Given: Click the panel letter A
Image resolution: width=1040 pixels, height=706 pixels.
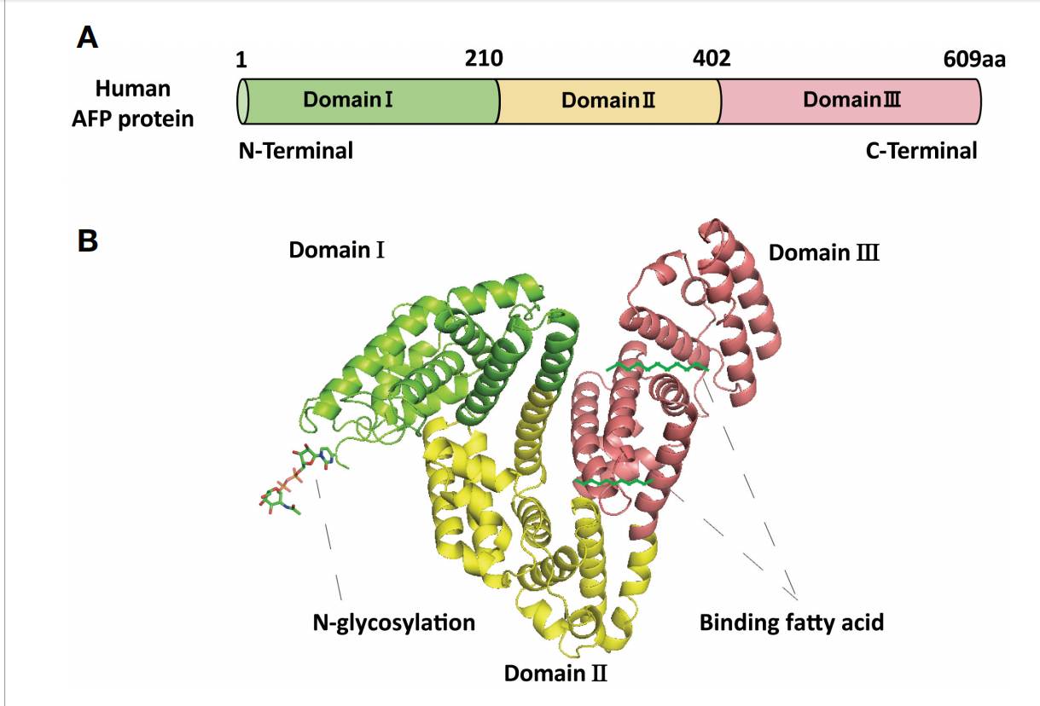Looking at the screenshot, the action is coord(87,38).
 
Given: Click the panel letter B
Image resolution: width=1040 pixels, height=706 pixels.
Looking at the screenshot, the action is coord(88,240).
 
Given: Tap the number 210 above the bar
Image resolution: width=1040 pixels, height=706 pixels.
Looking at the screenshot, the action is coord(484,59).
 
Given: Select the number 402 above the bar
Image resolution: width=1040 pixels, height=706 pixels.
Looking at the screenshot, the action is coord(712,59).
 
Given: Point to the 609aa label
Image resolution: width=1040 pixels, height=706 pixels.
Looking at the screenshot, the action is coord(974,60).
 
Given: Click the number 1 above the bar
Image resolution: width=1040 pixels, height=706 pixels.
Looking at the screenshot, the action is coord(241,60).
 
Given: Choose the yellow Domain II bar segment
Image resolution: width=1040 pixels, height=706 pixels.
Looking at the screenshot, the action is coord(608,101).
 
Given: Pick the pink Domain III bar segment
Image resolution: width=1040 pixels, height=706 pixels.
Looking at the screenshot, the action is coord(850,101).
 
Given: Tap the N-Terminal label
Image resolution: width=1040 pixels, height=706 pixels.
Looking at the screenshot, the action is coord(296,151).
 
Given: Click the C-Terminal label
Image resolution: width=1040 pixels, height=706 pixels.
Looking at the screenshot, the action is coord(921,151).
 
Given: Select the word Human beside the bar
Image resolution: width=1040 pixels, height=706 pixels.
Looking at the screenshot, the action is coord(133,88).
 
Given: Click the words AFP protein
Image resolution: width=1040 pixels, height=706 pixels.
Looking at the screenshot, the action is coord(133,119).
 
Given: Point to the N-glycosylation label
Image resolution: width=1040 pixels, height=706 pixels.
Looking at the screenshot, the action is coord(393,623).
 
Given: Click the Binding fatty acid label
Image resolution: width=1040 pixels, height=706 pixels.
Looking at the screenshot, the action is coord(792,622).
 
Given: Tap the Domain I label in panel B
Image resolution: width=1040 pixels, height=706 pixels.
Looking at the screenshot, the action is coord(337,250).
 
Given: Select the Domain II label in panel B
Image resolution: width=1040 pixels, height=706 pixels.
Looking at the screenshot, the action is coord(555,673).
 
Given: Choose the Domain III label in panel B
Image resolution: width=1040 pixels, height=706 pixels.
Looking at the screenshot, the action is coord(823,252).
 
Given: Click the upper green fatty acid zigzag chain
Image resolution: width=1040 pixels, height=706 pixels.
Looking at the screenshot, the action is coord(658,367).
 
